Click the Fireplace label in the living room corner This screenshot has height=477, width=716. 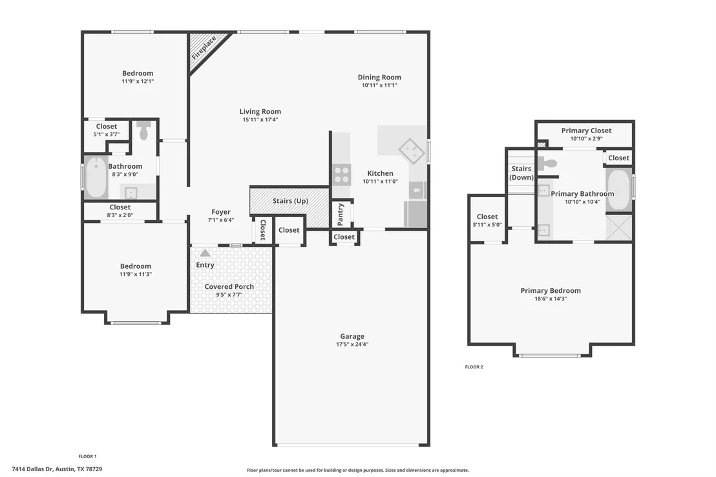tap(204, 48)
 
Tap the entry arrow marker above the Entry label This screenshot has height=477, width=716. tap(205, 253)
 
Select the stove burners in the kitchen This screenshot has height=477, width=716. tap(342, 175)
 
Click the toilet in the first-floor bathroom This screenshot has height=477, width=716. tap(144, 130)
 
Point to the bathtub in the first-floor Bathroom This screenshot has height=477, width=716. tap(96, 178)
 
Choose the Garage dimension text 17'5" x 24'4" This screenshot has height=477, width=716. tap(352, 344)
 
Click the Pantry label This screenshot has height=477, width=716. tap(340, 215)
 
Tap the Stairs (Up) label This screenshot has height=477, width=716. tap(290, 201)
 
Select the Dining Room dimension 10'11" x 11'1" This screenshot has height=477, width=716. tap(379, 85)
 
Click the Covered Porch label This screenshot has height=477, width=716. tap(229, 286)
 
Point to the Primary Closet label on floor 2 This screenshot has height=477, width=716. tap(586, 131)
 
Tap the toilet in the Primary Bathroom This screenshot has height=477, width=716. tap(547, 163)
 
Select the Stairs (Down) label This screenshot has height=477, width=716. tap(521, 173)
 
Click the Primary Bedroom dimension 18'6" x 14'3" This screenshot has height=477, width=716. tap(551, 299)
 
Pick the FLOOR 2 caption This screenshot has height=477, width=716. tap(474, 367)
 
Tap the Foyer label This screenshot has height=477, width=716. tap(221, 212)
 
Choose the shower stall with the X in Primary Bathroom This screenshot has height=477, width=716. tap(618, 227)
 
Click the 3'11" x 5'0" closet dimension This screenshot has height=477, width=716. tap(487, 225)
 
